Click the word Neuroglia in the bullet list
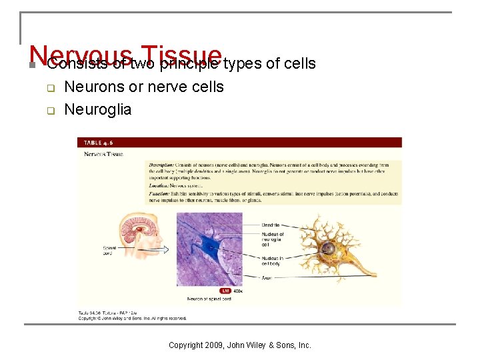98,109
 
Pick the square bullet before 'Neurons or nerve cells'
49,88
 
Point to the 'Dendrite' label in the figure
271,225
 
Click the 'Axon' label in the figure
267,277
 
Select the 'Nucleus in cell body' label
273,261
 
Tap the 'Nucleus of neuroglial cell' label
273,239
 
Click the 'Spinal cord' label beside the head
109,251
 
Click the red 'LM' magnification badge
226,291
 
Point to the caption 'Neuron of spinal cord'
209,299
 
